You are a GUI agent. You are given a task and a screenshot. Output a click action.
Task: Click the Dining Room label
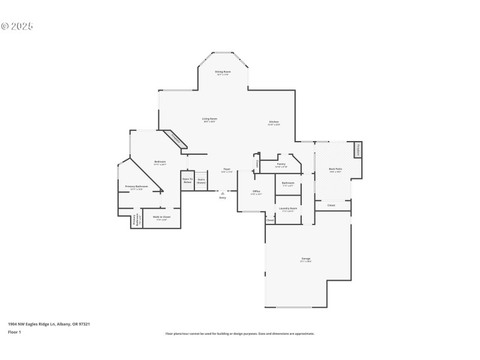[223, 73]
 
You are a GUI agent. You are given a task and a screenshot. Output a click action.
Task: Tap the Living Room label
[209, 120]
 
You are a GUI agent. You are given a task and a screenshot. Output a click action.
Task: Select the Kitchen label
[274, 123]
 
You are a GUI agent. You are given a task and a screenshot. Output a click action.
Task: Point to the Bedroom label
[160, 163]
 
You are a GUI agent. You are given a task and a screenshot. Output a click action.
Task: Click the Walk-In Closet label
[161, 217]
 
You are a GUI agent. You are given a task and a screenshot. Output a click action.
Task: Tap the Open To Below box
[187, 180]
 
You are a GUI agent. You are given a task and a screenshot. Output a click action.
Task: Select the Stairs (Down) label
[201, 180]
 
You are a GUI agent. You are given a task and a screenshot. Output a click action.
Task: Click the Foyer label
[227, 170]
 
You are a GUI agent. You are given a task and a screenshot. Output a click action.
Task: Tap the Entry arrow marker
[223, 194]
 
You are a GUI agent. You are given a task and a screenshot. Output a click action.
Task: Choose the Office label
[256, 192]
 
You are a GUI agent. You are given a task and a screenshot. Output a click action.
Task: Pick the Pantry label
[281, 164]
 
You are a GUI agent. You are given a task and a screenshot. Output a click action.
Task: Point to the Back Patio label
[335, 170]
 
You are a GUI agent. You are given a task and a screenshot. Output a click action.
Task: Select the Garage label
[306, 260]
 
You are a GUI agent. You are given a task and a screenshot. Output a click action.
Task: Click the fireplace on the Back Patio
[358, 149]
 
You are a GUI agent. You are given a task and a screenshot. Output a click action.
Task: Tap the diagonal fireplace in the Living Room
[176, 139]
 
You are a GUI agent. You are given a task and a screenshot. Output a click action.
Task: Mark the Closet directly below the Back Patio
[331, 205]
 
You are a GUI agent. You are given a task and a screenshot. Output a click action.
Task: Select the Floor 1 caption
[14, 332]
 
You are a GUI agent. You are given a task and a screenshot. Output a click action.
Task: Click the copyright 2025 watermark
[17, 26]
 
